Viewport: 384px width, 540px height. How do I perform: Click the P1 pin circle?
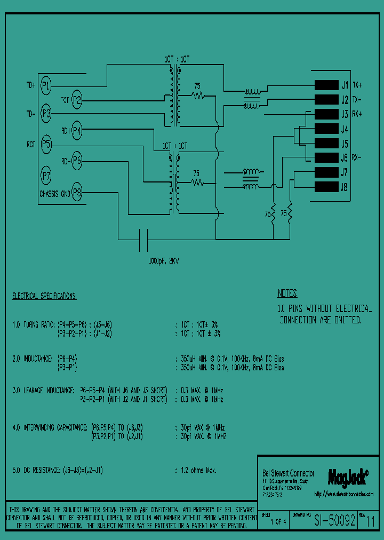tap(46, 85)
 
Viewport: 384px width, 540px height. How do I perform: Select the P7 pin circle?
tap(46, 174)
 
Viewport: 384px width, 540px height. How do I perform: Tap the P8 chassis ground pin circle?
tap(77, 193)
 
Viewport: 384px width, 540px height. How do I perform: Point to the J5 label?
tap(345, 144)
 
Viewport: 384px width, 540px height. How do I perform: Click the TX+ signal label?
tap(357, 85)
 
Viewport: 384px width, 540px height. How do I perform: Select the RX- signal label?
tap(357, 158)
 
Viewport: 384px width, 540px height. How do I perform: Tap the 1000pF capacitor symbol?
tap(142, 240)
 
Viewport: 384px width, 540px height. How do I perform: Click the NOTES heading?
tap(287, 293)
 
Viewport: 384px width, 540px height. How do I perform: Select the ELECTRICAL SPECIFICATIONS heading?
tap(44, 296)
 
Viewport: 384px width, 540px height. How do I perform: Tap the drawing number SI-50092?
tap(334, 521)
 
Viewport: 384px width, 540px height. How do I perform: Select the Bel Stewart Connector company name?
tap(289, 473)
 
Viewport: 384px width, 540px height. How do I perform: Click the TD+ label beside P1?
tap(31, 85)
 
